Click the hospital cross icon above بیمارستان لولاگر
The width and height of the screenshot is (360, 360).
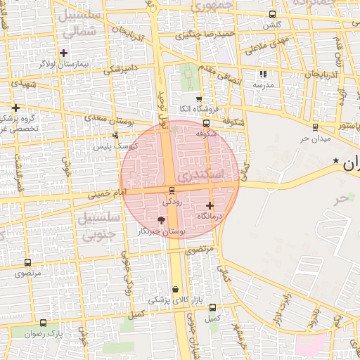pos(64,52)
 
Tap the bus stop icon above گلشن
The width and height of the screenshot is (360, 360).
pos(272,14)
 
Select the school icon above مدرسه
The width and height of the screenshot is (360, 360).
pos(263,74)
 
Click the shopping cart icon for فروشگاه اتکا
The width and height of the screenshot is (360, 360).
pos(198,99)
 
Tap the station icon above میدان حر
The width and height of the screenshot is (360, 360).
pos(314,127)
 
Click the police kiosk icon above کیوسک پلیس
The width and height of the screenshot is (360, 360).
pos(115,135)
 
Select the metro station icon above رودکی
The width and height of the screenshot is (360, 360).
pos(172,191)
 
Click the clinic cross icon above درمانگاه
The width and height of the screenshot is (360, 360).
pos(210,206)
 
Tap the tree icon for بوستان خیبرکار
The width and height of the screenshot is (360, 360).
pos(162,221)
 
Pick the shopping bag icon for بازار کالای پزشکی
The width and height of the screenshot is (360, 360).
pos(174,289)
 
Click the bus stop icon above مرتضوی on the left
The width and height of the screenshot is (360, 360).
pos(27,261)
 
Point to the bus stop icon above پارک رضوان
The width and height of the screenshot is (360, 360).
pos(44,323)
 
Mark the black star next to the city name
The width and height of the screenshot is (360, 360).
pos(335,162)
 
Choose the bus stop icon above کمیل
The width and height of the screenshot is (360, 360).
pos(212,307)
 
